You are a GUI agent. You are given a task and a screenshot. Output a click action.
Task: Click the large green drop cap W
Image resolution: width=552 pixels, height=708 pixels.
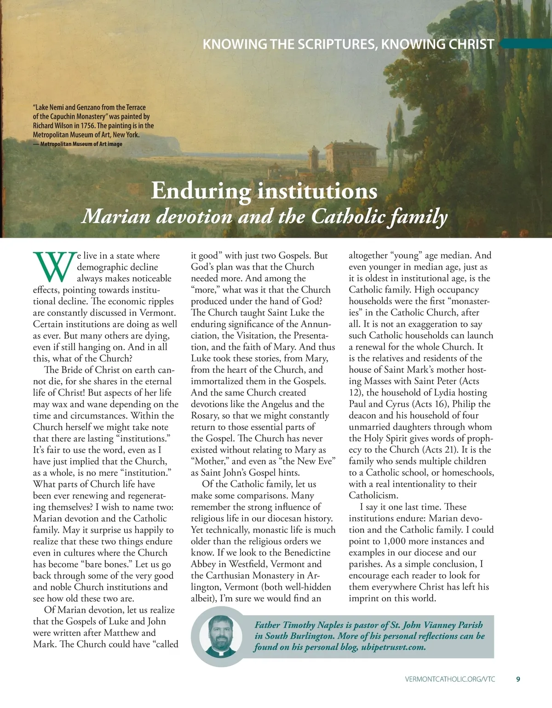(x=54, y=267)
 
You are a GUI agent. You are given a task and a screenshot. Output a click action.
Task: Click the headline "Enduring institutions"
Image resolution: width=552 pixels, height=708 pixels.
(x=264, y=191)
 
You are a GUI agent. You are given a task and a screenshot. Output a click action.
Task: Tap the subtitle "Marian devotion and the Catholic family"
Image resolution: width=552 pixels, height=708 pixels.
(x=264, y=216)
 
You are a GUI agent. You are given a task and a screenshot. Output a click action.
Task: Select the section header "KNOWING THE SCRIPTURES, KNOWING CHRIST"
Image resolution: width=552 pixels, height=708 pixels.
(x=348, y=44)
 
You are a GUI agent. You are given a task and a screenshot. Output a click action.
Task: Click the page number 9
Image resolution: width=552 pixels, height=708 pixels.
(x=518, y=679)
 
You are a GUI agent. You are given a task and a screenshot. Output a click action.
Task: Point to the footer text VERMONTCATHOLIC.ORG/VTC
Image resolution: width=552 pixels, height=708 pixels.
(x=450, y=679)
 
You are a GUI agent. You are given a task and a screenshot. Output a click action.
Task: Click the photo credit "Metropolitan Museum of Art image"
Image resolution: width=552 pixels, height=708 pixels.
(x=81, y=144)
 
